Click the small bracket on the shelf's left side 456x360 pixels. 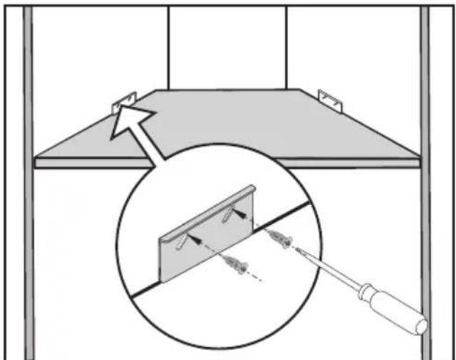click(124, 103)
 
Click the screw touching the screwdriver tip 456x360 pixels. click(282, 239)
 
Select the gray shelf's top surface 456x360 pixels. click(226, 127)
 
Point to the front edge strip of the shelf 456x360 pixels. click(226, 163)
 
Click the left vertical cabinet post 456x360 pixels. click(27, 178)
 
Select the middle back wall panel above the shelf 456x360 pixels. click(227, 48)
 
